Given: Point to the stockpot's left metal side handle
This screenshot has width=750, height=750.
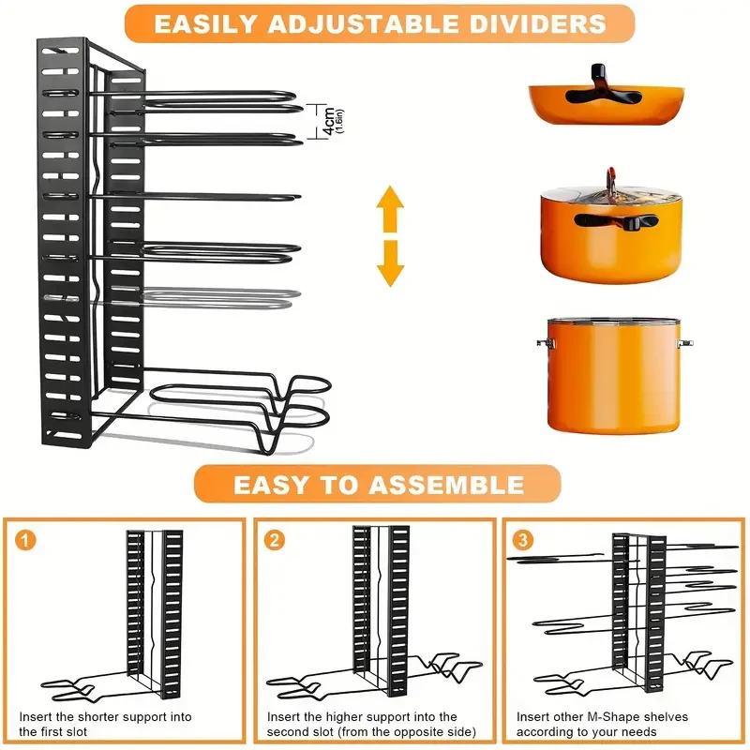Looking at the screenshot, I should tap(542, 344).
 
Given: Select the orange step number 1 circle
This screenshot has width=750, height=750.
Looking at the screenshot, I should tap(25, 541).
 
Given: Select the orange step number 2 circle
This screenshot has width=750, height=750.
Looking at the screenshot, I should tap(274, 541).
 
